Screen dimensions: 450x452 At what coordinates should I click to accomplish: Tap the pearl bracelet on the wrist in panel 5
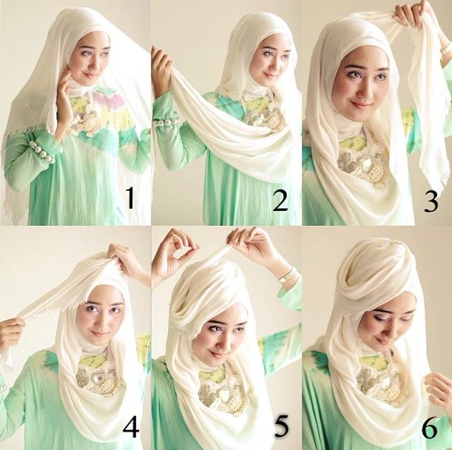[x=286, y=275]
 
